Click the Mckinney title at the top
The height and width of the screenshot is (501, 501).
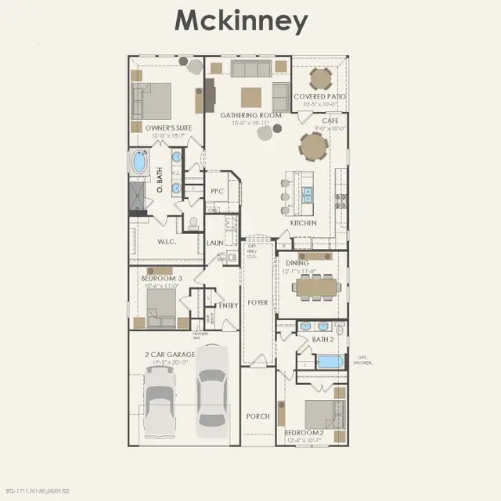tap(240, 22)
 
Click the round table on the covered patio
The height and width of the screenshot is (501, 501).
tap(321, 78)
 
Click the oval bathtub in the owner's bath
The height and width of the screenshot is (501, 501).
tap(140, 163)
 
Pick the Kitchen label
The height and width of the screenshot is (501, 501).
tap(303, 223)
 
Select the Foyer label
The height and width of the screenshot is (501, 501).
tap(258, 302)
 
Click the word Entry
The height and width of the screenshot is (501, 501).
tap(229, 305)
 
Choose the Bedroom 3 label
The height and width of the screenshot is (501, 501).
tap(162, 279)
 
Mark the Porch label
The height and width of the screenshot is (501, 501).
tap(258, 416)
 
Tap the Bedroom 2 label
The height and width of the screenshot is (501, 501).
tap(304, 432)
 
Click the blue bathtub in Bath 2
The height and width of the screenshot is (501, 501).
tap(330, 362)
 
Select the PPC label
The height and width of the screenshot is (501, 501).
tap(217, 190)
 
